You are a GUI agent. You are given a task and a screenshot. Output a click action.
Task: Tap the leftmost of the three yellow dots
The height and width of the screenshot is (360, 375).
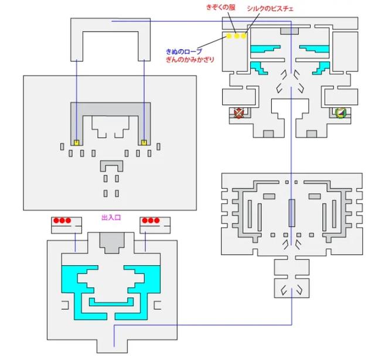[x=229, y=36]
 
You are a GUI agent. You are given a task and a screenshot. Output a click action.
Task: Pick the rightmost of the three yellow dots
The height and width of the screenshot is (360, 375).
[x=243, y=36]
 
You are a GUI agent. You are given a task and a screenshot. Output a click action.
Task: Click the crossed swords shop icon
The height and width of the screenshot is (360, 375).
[x=238, y=113]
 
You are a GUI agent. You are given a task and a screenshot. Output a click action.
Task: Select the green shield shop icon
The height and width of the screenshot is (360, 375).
[x=340, y=113]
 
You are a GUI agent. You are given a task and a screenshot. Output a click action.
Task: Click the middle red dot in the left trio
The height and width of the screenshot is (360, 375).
[x=62, y=221]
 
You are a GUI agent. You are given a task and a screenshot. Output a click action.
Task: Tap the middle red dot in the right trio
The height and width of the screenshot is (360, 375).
[x=151, y=221]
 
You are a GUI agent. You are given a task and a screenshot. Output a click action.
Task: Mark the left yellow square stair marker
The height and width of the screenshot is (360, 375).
[x=77, y=142]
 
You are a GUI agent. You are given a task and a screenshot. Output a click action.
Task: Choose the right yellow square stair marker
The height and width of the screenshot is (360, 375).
[x=144, y=142]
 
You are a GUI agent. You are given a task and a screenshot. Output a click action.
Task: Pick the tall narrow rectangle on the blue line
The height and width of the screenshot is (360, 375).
[x=291, y=212]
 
